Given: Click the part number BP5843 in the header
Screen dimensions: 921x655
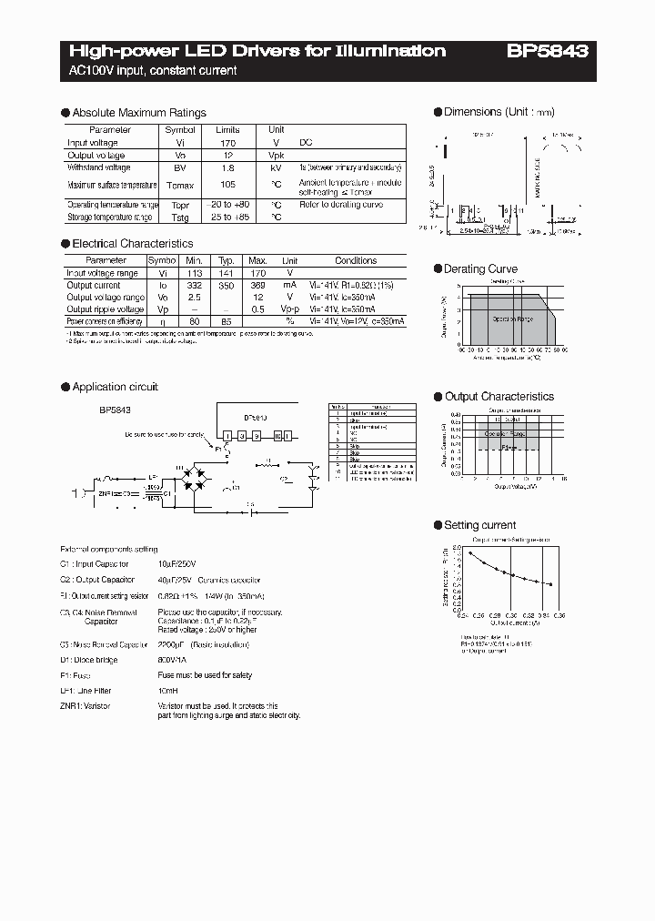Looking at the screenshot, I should point(547,52).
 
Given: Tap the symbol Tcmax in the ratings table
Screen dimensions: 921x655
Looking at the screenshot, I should point(180,185).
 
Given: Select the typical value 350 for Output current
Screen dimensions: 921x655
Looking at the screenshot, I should point(227,285).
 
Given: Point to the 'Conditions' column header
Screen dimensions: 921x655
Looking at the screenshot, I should point(356,260).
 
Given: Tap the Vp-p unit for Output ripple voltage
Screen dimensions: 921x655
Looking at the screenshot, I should point(289,309).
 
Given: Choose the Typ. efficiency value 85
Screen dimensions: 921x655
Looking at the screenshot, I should point(227,321).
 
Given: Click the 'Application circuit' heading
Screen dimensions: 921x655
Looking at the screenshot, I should point(115,387).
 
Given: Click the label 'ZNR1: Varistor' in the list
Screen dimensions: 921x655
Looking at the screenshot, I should point(86,706).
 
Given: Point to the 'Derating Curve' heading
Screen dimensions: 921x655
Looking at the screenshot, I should point(480,269).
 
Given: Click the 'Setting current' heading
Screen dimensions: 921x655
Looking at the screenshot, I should point(479,525).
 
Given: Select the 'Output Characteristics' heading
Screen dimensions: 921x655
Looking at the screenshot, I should point(499,397).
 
